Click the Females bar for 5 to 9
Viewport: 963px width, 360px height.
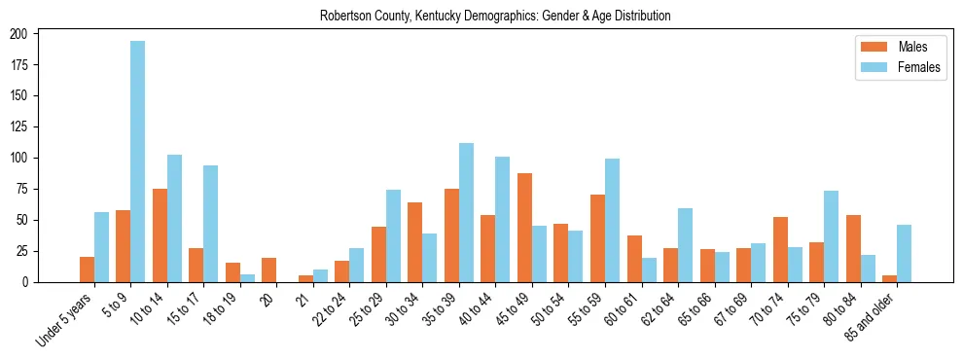[138, 162]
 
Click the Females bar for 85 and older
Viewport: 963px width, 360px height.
[904, 254]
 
